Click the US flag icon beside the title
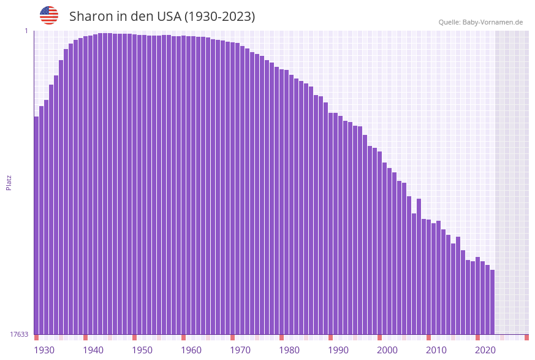(x=49, y=15)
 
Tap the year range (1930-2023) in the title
(x=219, y=17)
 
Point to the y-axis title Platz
(x=9, y=182)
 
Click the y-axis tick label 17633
(x=19, y=334)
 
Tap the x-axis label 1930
(x=44, y=350)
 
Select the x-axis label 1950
(x=142, y=350)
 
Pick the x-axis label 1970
(x=240, y=350)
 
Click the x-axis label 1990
(x=338, y=350)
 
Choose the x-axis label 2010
(x=436, y=350)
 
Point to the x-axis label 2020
(x=485, y=350)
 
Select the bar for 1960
(x=184, y=185)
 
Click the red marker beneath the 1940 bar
(x=86, y=337)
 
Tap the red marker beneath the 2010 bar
(x=429, y=337)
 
